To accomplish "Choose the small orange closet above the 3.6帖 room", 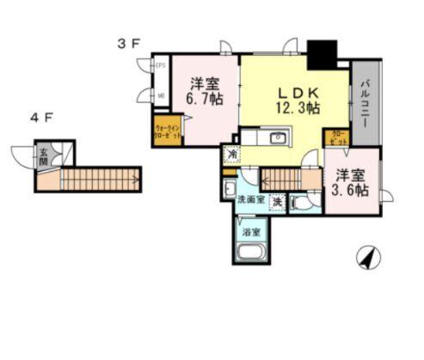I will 336,137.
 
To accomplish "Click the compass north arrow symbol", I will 368,256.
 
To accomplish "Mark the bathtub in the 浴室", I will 251,253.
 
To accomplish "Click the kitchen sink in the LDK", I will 278,138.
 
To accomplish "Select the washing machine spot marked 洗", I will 277,202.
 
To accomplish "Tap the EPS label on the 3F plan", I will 160,64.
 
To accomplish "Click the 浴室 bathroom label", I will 251,230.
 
